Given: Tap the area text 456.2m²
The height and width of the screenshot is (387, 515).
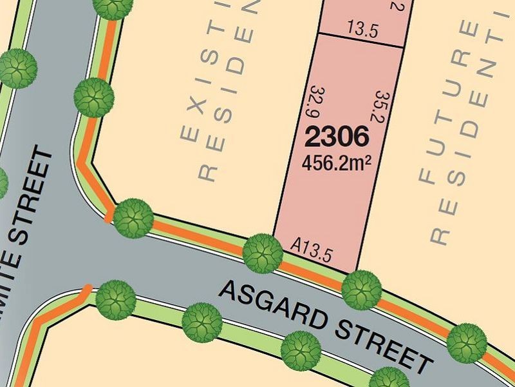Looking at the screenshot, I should coord(337,162).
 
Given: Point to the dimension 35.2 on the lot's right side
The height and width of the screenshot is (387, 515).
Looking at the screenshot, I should coord(379,107).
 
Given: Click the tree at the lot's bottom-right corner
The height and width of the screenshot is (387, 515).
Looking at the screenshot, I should coord(361,290).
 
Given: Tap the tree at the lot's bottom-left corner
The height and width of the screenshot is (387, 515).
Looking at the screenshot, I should coord(263,253).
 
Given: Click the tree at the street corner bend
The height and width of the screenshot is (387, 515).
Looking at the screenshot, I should coord(133,218).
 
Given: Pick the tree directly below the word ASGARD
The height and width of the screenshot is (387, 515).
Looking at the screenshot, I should coord(201,321).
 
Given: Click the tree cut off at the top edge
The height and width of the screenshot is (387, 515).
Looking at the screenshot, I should coord(114,6).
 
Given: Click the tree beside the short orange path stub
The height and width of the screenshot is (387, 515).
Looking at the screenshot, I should coord(116,299).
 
